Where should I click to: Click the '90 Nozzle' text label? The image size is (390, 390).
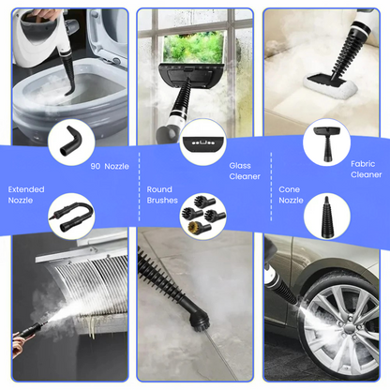(x=110, y=166)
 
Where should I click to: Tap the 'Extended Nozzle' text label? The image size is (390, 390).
(x=25, y=195)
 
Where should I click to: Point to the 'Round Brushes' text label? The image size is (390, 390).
(x=161, y=195)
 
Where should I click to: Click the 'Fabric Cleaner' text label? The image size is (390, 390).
(x=366, y=169)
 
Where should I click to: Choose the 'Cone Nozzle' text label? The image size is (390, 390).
(x=290, y=195)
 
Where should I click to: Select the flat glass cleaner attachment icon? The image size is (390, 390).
(x=202, y=143)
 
